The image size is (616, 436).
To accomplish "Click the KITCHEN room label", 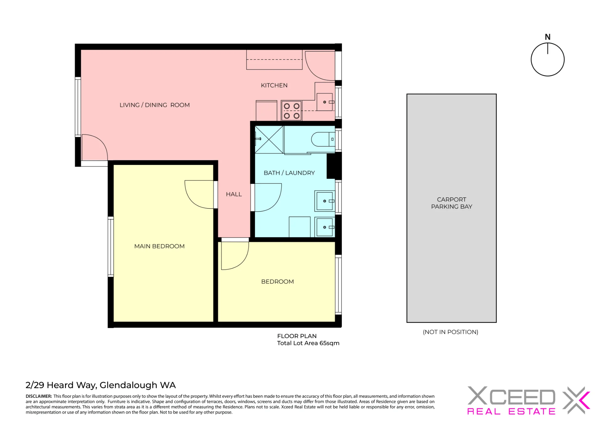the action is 274,85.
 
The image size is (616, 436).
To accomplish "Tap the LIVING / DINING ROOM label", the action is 155,105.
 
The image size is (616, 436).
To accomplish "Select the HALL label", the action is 234,194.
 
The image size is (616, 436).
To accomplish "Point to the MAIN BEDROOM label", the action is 159,246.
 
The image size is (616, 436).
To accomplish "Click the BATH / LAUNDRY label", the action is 289,173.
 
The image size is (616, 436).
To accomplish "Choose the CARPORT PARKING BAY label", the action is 452,203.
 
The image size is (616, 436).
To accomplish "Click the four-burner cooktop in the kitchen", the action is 291,110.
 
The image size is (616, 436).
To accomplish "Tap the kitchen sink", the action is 325,102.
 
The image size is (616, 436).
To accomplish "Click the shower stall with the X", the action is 269,139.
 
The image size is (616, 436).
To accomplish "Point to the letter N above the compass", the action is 548,37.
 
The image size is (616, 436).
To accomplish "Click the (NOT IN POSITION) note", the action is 450,332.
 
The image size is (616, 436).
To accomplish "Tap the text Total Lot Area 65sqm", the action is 308,343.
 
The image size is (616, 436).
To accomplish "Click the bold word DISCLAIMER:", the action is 39,396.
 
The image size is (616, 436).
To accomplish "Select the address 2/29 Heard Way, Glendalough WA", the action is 100,385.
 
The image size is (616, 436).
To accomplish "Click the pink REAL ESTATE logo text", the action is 511,411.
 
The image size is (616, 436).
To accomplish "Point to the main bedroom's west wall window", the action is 111,246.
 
